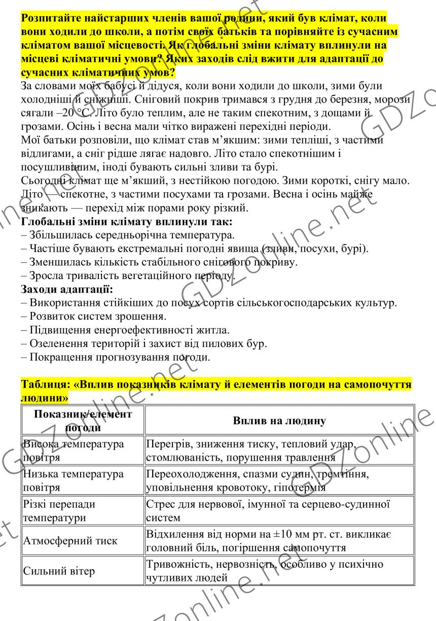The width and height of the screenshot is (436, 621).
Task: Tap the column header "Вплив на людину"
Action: point(279,421)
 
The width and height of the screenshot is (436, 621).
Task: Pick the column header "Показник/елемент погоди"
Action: point(83,422)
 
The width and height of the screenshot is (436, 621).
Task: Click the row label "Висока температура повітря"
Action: point(73,451)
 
